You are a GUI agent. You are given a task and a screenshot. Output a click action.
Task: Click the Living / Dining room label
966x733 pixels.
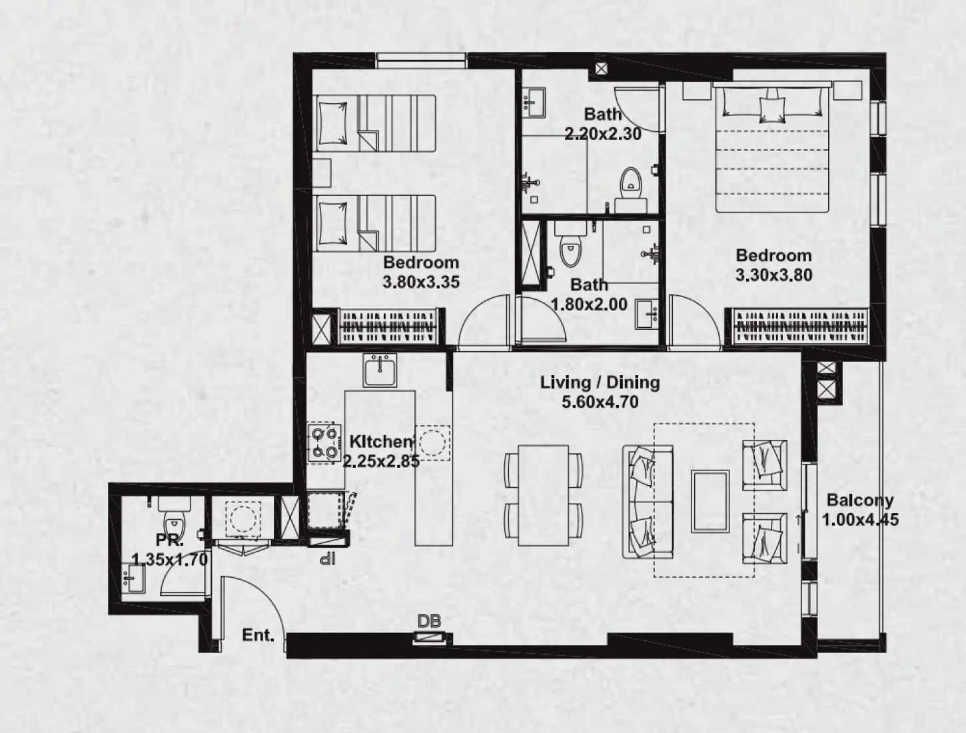[600, 382]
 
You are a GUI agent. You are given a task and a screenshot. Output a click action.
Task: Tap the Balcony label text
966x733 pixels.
[859, 500]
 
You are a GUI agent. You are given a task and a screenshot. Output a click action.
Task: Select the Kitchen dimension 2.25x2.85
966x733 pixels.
[381, 461]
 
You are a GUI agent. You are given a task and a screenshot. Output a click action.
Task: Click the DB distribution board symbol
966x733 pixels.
[430, 638]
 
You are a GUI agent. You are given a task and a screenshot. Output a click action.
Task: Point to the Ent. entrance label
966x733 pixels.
[258, 635]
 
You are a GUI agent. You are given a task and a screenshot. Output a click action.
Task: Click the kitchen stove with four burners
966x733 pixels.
[324, 443]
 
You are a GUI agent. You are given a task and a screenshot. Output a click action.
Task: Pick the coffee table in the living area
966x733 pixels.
[710, 501]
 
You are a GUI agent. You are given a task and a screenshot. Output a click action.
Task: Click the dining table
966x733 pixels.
[543, 494]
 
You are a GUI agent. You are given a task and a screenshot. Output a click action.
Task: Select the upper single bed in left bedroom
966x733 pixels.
[374, 122]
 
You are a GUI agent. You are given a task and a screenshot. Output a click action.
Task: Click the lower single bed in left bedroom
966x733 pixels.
[374, 223]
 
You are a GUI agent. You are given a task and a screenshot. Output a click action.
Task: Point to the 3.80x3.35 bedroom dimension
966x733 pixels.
[420, 282]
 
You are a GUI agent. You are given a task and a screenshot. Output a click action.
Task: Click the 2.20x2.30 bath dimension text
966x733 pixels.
[602, 134]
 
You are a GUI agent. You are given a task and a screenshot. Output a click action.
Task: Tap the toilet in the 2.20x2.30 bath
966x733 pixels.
[630, 185]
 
